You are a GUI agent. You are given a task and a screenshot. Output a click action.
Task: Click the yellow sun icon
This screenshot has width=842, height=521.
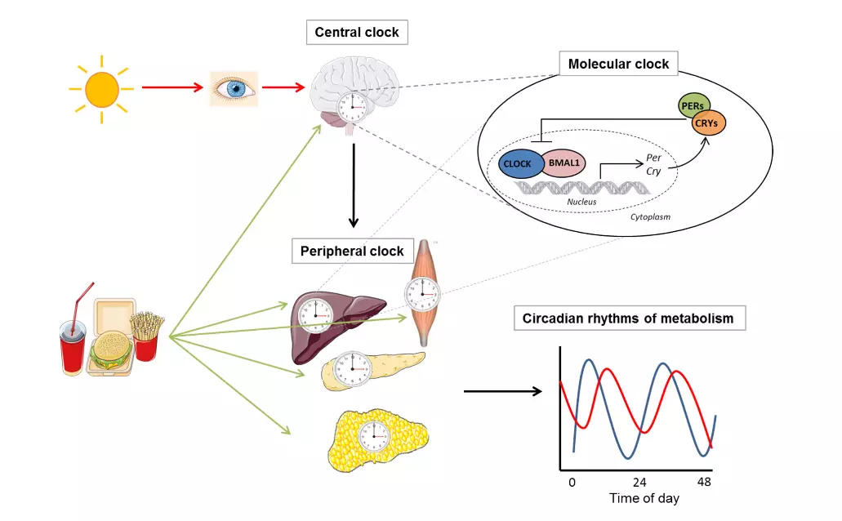(x=101, y=89)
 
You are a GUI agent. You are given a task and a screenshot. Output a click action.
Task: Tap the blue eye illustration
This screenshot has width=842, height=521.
(x=234, y=89)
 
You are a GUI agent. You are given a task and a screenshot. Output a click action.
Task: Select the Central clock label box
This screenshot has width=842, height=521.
(x=357, y=32)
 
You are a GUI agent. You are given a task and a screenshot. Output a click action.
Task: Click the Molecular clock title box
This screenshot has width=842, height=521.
(x=618, y=64)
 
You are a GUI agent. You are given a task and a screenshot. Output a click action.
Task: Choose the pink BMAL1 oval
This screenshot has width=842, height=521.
(x=564, y=163)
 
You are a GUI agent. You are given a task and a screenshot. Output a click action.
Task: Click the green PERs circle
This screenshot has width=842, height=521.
(x=694, y=105)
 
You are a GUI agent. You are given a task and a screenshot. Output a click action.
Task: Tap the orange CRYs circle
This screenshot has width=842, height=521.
(x=706, y=123)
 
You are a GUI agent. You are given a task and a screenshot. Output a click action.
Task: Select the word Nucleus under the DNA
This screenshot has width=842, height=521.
(x=581, y=202)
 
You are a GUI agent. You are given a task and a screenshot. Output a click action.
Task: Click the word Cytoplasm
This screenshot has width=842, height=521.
(x=650, y=217)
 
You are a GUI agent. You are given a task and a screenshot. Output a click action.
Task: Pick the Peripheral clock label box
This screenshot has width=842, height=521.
(x=353, y=251)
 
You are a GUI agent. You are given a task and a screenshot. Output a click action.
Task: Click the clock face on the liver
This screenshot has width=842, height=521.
(x=315, y=315)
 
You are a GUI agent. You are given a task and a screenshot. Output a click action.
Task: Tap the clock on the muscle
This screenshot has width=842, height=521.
(x=422, y=294)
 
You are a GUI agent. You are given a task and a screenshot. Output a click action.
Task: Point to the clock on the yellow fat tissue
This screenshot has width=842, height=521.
(x=374, y=435)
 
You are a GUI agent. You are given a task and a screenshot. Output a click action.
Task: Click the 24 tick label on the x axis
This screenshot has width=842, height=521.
(x=639, y=483)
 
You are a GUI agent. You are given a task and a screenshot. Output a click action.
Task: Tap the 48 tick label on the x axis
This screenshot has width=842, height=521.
(x=704, y=482)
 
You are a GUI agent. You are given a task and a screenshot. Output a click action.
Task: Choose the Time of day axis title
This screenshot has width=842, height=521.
(x=644, y=498)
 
